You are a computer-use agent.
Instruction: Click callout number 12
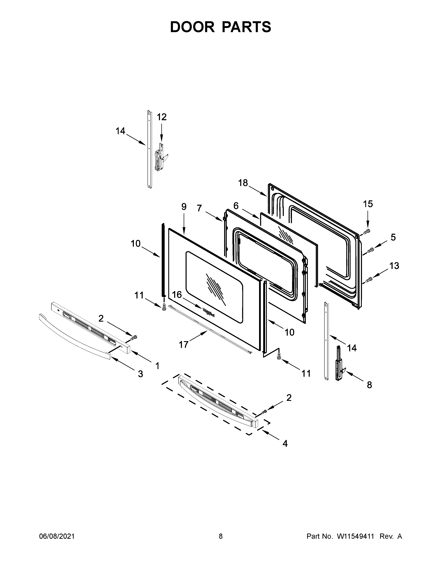[162, 117]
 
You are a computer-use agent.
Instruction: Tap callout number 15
[368, 204]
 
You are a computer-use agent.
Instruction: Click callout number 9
[184, 207]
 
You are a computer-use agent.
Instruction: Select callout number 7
[199, 208]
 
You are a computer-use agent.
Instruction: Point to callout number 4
[285, 443]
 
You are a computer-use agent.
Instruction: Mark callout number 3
[141, 374]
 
